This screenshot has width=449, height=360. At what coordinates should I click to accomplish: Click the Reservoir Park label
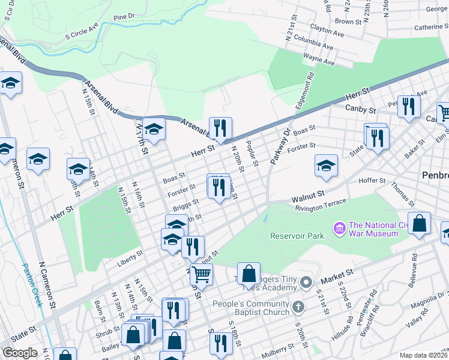click(x=297, y=236)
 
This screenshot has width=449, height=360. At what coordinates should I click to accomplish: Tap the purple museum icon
click(x=339, y=228)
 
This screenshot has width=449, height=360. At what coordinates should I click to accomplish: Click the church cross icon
click(x=298, y=308)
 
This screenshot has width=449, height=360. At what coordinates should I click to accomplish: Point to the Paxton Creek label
click(x=32, y=285)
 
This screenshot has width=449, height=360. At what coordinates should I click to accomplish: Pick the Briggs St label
click(x=185, y=206)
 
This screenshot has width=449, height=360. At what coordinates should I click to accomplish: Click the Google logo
click(x=20, y=352)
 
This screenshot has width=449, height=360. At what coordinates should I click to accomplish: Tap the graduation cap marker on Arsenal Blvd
click(x=154, y=129)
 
